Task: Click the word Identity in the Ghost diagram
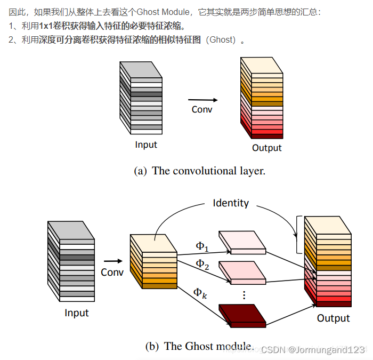click(231, 203)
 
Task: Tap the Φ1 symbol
click(201, 246)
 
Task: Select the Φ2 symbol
click(201, 263)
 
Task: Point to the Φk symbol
click(200, 292)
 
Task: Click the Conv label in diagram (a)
click(202, 109)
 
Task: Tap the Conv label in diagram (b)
click(112, 273)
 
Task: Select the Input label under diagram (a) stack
click(146, 145)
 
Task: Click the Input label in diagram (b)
click(77, 313)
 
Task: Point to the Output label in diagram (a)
click(267, 148)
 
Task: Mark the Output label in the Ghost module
click(334, 318)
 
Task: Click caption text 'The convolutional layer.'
click(208, 171)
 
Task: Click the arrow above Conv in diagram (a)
click(202, 100)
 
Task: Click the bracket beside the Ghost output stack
click(298, 234)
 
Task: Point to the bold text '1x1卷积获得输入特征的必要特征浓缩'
click(111, 26)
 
